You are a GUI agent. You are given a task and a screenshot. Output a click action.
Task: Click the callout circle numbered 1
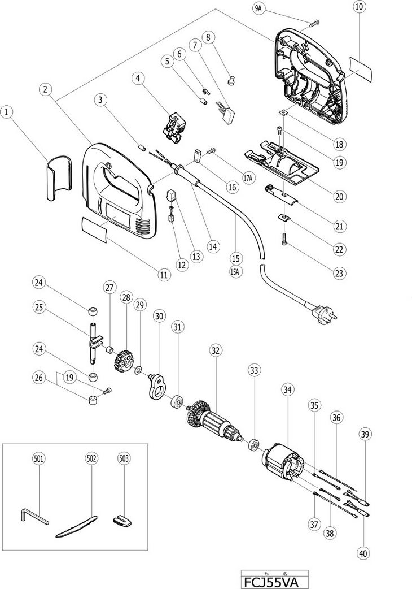pyautogui.click(x=7, y=112)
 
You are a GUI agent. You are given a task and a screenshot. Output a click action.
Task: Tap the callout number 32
pyautogui.click(x=215, y=350)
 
